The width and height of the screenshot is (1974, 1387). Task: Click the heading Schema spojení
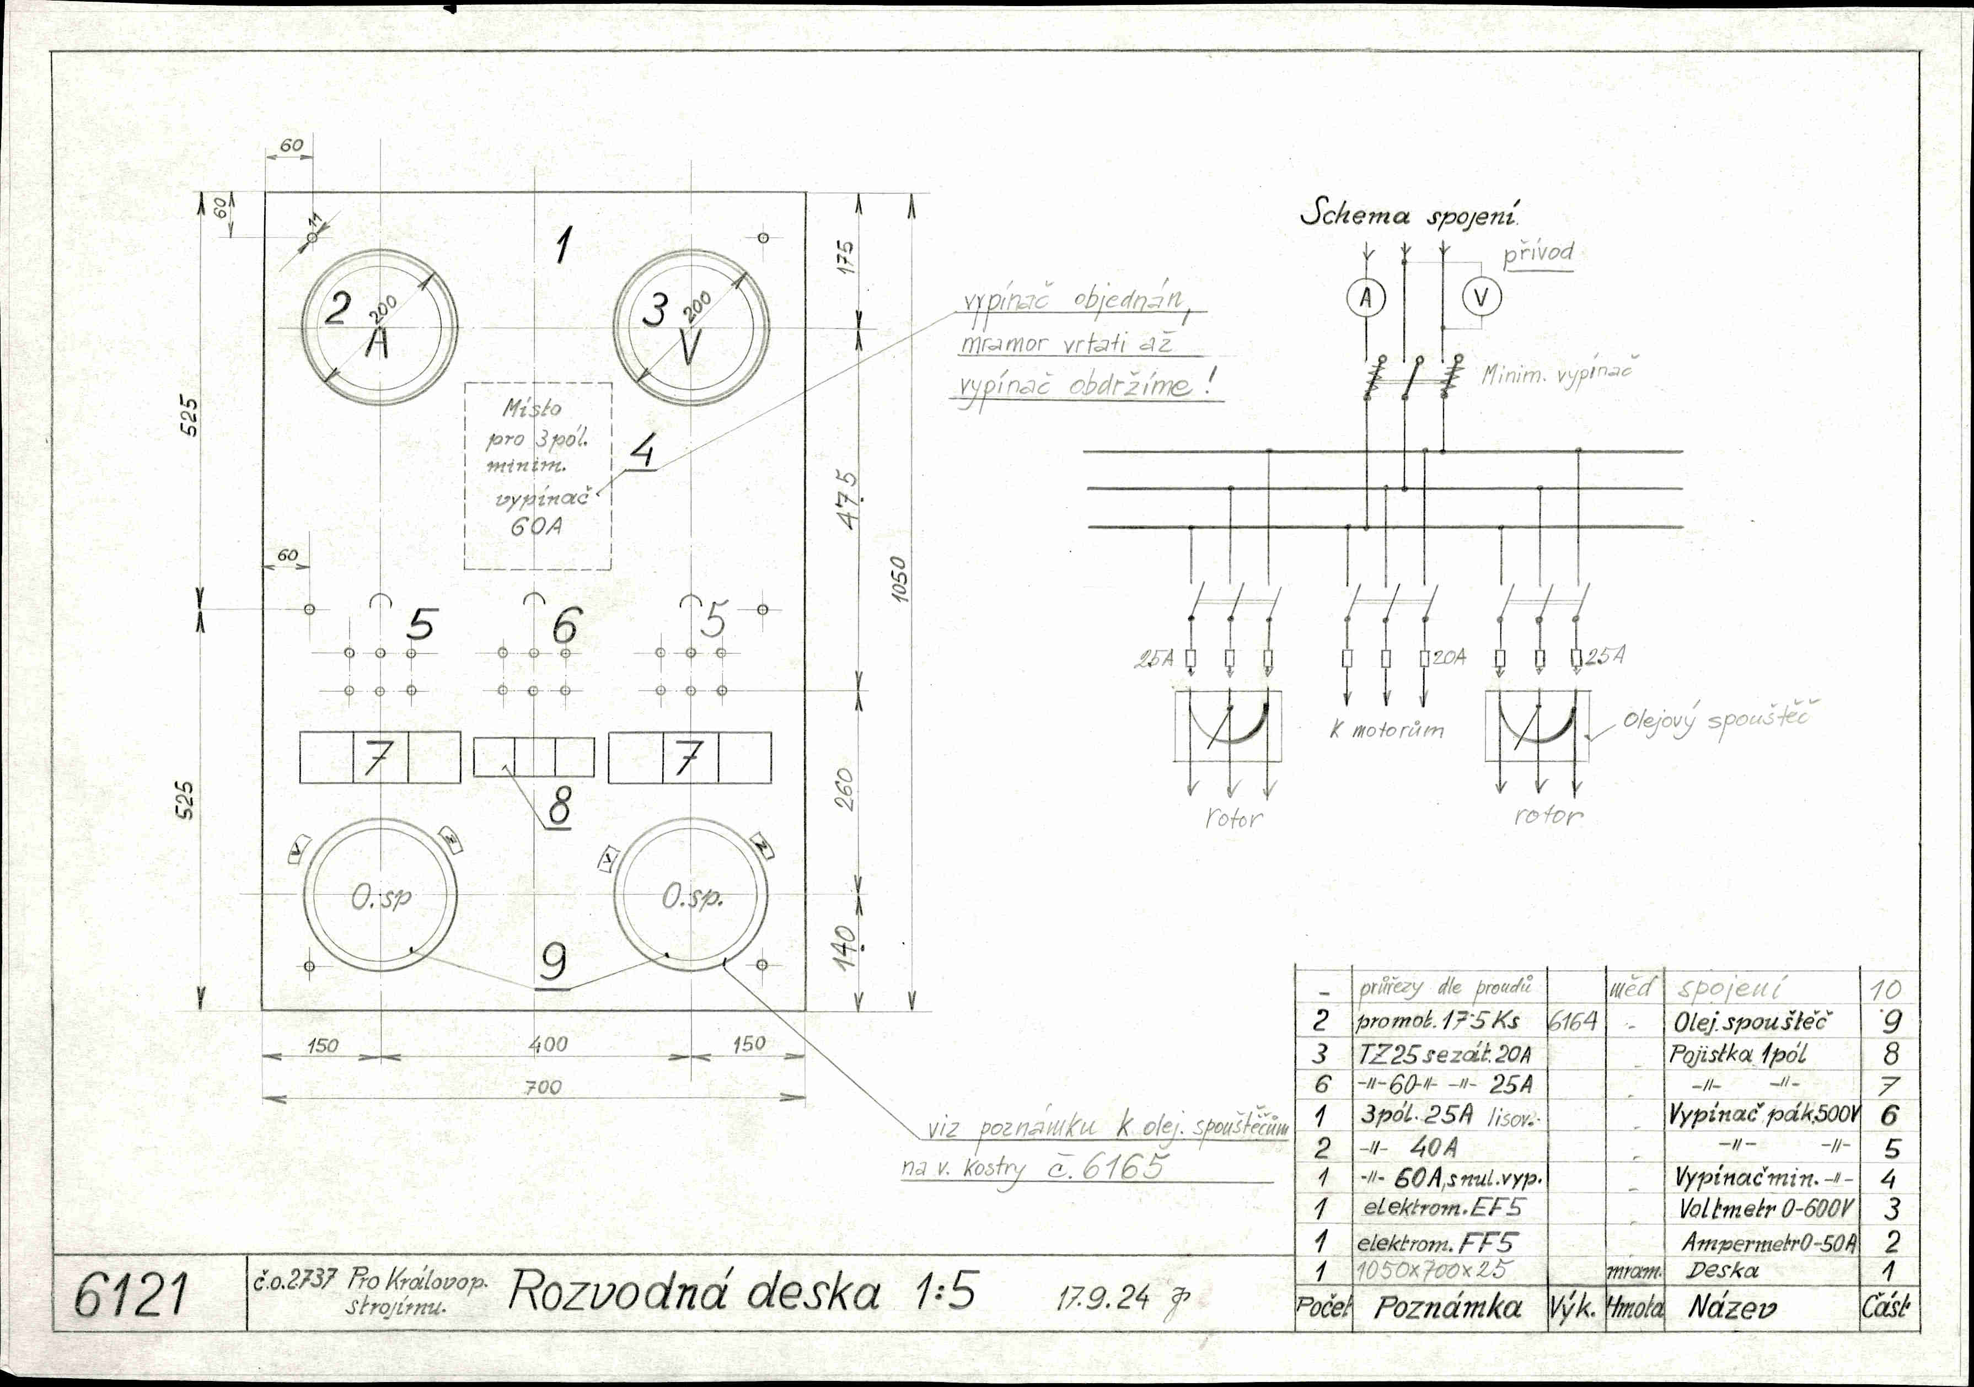[x=1410, y=214]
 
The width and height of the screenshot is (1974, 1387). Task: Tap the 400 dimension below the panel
[x=549, y=1044]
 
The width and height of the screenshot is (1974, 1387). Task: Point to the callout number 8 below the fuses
[x=559, y=807]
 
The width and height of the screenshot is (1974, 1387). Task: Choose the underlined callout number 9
[x=553, y=963]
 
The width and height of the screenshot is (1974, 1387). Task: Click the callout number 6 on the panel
[x=565, y=626]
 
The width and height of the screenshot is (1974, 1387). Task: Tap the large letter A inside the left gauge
[x=378, y=344]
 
